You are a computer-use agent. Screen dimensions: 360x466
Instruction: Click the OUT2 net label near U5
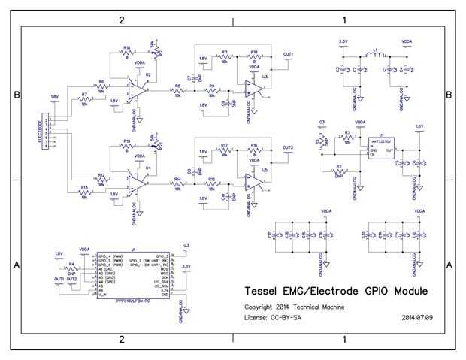click(x=289, y=147)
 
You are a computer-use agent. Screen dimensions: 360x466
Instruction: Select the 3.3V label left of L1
click(x=343, y=41)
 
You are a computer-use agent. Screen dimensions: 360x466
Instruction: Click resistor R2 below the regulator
click(x=338, y=171)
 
